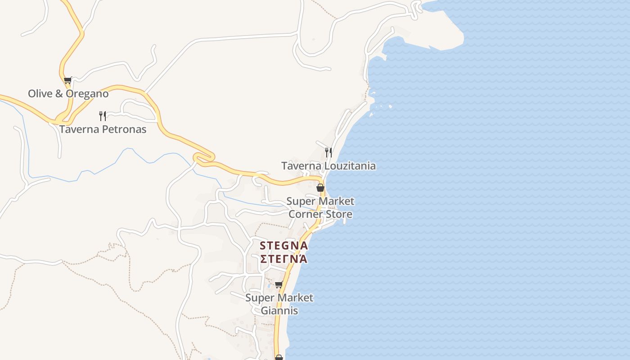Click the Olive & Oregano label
(68, 94)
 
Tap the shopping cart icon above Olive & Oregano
(67, 81)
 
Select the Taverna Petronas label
(103, 130)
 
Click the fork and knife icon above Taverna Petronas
(103, 116)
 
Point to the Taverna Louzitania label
(328, 166)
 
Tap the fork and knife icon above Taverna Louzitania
(328, 153)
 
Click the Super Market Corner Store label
(320, 207)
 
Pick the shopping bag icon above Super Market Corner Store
(320, 188)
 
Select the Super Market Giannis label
(279, 304)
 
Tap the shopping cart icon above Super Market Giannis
(279, 284)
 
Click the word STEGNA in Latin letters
(284, 246)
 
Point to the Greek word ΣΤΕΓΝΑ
(284, 259)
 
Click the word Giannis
(279, 310)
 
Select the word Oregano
(87, 94)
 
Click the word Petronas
(124, 130)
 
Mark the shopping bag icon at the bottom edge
(279, 357)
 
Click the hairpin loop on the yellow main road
(203, 158)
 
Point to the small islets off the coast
(381, 107)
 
